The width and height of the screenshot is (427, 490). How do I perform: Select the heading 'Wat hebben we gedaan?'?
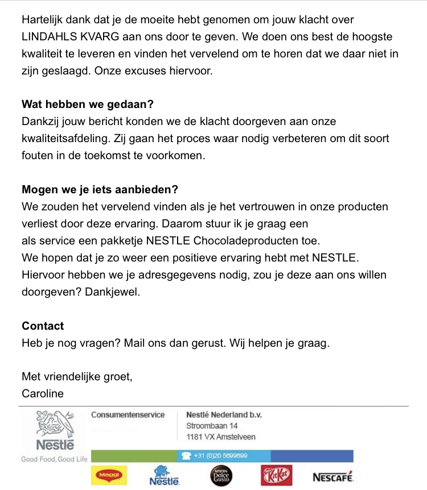(88, 105)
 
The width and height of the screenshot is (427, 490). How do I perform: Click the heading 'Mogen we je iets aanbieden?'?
(100, 189)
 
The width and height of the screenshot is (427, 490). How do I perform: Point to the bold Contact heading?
(43, 326)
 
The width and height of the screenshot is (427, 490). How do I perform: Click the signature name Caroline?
(43, 393)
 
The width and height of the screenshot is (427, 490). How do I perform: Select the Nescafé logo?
(332, 476)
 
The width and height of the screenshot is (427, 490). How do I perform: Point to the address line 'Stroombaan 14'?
(212, 426)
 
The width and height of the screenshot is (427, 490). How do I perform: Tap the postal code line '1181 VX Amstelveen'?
(220, 437)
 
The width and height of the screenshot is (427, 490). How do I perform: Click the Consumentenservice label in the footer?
(128, 415)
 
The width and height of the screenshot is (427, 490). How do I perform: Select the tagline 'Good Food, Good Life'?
(55, 459)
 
